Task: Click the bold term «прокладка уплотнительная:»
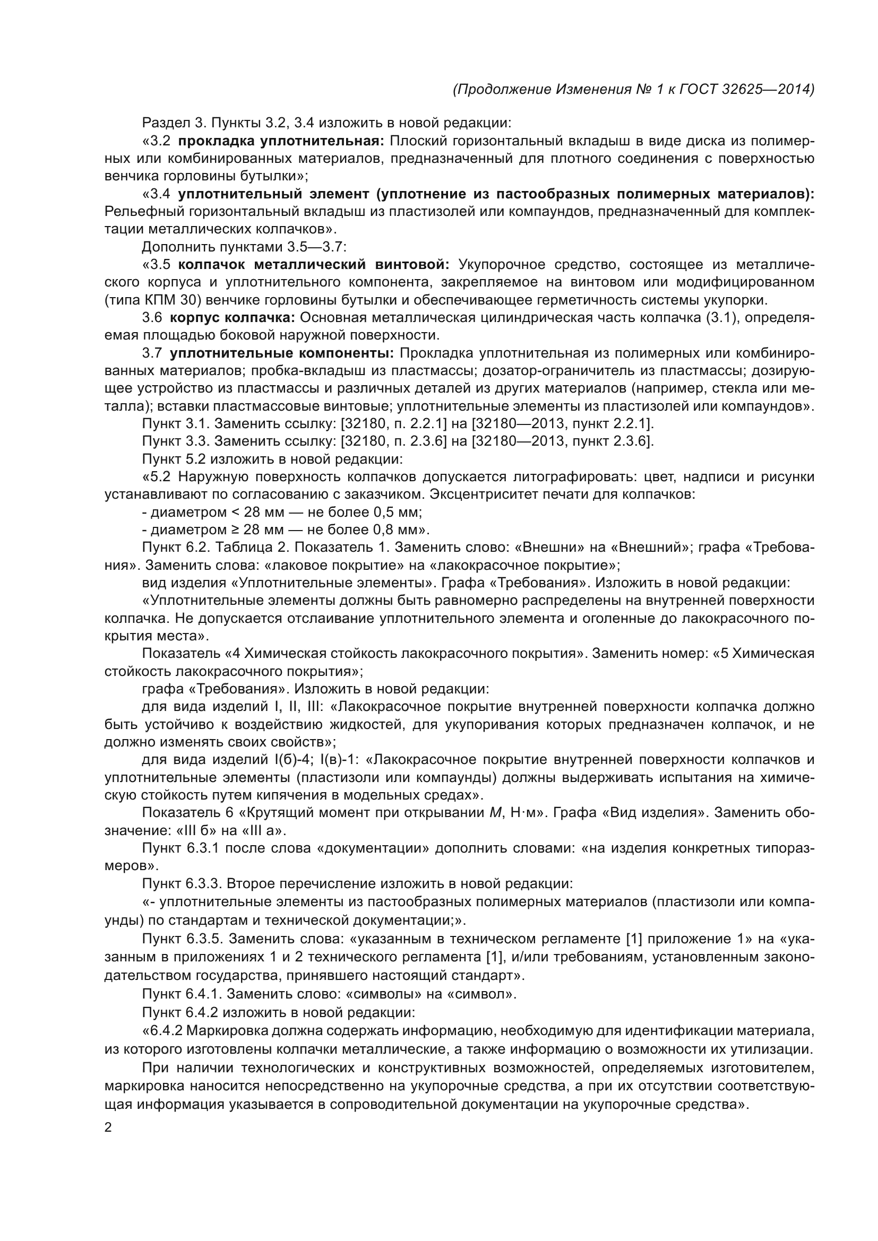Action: [281, 141]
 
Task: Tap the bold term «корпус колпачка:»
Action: [233, 317]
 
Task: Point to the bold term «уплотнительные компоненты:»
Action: [282, 353]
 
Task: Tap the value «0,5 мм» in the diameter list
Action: [397, 512]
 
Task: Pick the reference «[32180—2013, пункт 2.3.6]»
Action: [563, 441]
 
